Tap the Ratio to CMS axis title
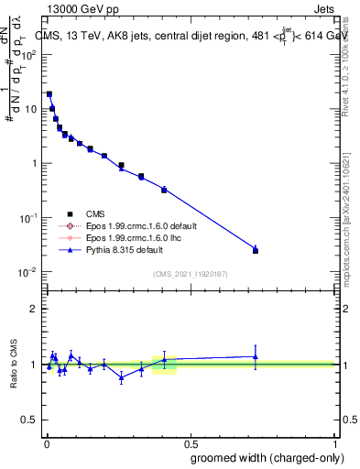(x=14, y=365)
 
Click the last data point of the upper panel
(x=256, y=250)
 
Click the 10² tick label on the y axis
(x=29, y=54)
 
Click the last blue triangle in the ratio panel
(x=256, y=356)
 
